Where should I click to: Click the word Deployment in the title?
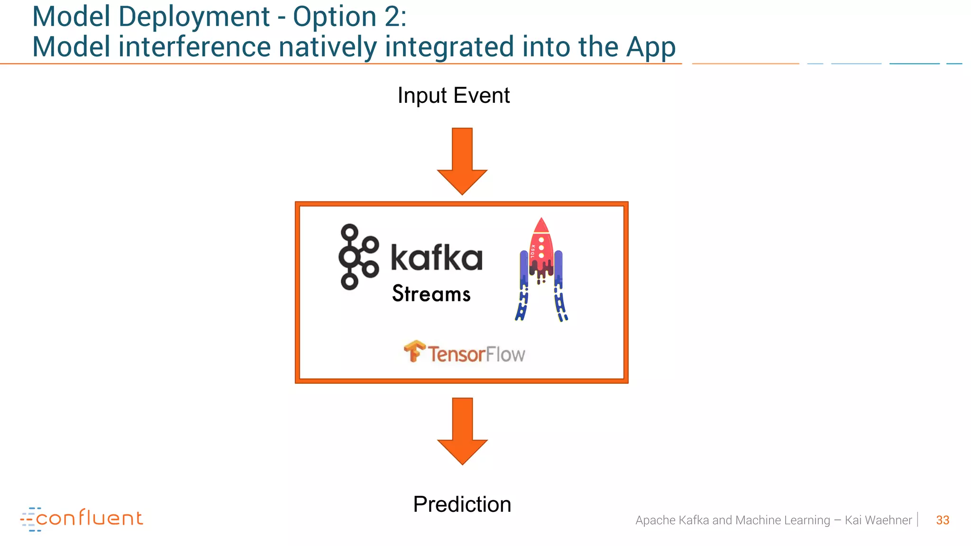(x=193, y=17)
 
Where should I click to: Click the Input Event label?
(x=453, y=95)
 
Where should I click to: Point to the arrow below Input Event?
(x=462, y=161)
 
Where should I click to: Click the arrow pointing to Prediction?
(x=462, y=431)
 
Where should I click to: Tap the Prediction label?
(x=462, y=504)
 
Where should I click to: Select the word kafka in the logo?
(x=436, y=258)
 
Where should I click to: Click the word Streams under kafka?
(x=431, y=294)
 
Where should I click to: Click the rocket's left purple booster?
(x=523, y=268)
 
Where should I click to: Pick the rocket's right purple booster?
(x=559, y=268)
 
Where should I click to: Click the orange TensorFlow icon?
(x=414, y=351)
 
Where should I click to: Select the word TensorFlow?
(x=476, y=355)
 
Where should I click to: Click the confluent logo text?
(x=89, y=518)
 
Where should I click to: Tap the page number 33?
(x=942, y=520)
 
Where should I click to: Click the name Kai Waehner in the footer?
(x=878, y=520)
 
